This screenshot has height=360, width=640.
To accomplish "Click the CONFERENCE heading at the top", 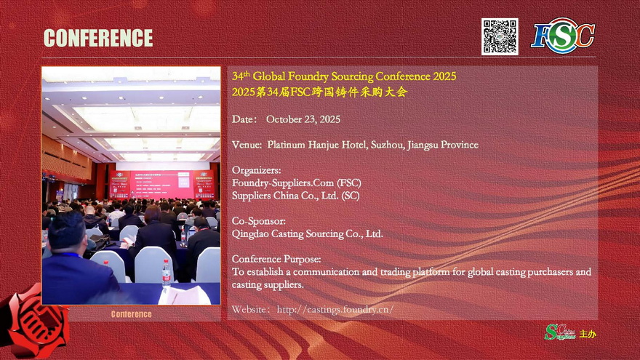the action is (x=98, y=38).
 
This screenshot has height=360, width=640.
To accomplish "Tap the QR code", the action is (x=500, y=36).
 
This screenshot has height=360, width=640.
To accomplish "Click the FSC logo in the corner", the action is (x=563, y=35).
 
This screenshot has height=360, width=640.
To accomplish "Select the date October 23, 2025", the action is (x=303, y=119).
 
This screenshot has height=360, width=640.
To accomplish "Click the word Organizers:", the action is (x=256, y=170).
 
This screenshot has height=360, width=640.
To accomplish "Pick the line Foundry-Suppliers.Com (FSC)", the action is (x=296, y=183).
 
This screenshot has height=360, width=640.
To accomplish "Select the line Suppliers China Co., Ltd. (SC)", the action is (x=295, y=196).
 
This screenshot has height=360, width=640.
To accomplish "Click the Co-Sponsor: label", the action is (x=259, y=221).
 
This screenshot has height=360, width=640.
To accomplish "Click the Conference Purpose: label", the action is (x=276, y=259).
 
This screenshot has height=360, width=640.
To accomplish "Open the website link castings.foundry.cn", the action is (x=335, y=309).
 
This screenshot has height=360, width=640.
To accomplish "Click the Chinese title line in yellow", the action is (x=319, y=92).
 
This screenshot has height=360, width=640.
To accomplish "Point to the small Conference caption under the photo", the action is (x=131, y=314).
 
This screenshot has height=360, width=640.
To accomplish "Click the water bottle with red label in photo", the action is (x=166, y=273).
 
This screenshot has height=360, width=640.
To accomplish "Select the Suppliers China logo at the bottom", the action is (x=559, y=332).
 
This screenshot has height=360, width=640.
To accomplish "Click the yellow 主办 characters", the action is (x=588, y=334).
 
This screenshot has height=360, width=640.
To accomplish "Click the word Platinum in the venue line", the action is (x=286, y=145).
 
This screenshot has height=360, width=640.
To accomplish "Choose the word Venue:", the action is (x=247, y=145).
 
